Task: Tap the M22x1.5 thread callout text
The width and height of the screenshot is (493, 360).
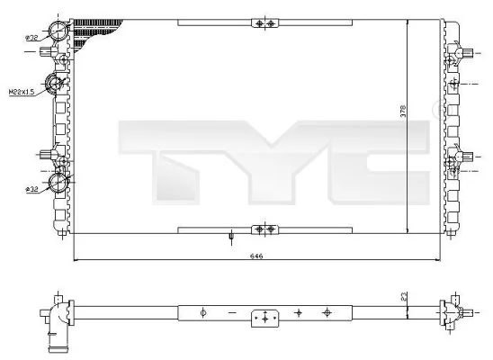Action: pyautogui.click(x=22, y=92)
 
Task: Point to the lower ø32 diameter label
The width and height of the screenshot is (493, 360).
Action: pyautogui.click(x=31, y=189)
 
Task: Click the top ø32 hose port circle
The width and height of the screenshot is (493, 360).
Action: pyautogui.click(x=59, y=31)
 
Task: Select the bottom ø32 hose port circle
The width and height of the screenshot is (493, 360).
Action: pyautogui.click(x=59, y=184)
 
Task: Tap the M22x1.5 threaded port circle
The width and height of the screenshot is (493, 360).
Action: pyautogui.click(x=56, y=85)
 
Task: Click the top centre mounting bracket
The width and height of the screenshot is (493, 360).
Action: pyautogui.click(x=263, y=23)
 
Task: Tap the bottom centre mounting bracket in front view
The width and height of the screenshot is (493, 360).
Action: pyautogui.click(x=263, y=230)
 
